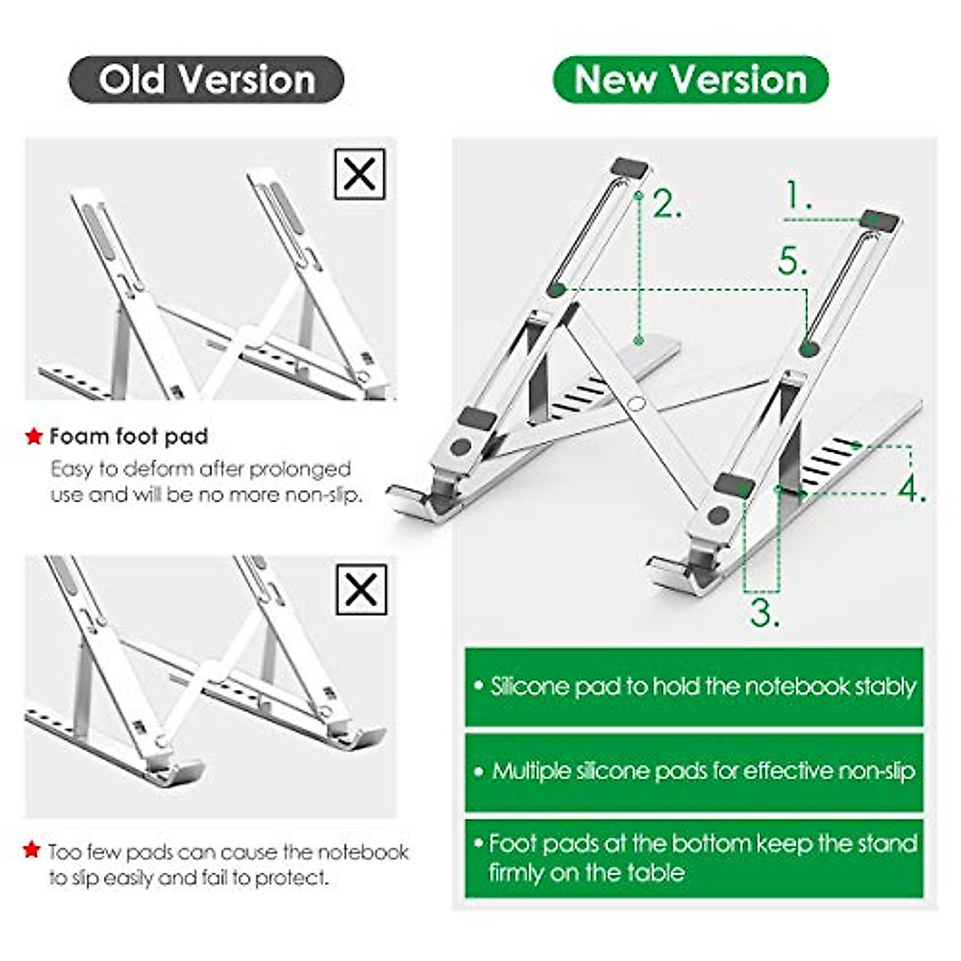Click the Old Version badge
[x=207, y=79]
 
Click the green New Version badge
[x=690, y=79]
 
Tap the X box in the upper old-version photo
[x=360, y=174]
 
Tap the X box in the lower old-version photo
[x=361, y=590]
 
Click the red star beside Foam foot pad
[x=34, y=436]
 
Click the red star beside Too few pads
[x=31, y=850]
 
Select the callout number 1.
[x=798, y=195]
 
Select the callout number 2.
[x=666, y=205]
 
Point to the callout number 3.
[x=765, y=613]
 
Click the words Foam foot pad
[x=128, y=436]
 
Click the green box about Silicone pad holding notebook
[x=694, y=687]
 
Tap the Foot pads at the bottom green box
[x=694, y=858]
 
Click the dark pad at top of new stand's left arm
[x=629, y=168]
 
